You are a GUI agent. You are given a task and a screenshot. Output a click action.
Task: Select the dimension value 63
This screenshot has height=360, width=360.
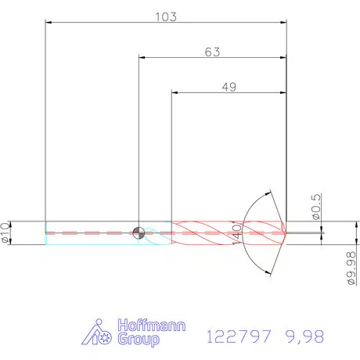coord(212,52)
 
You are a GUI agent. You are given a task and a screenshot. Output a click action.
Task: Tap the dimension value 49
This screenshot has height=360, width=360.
coord(229,88)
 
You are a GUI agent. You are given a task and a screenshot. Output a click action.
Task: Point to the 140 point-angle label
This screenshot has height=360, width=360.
coord(236,232)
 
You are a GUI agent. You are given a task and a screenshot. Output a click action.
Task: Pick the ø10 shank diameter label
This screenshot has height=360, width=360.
coord(6,232)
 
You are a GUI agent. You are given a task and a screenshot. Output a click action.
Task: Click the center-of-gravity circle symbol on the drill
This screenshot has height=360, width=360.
coord(139,232)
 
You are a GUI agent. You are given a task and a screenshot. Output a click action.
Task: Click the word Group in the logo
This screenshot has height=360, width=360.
coord(139,340)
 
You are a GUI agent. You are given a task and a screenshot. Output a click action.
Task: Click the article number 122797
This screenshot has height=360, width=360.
coord(238,337)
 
